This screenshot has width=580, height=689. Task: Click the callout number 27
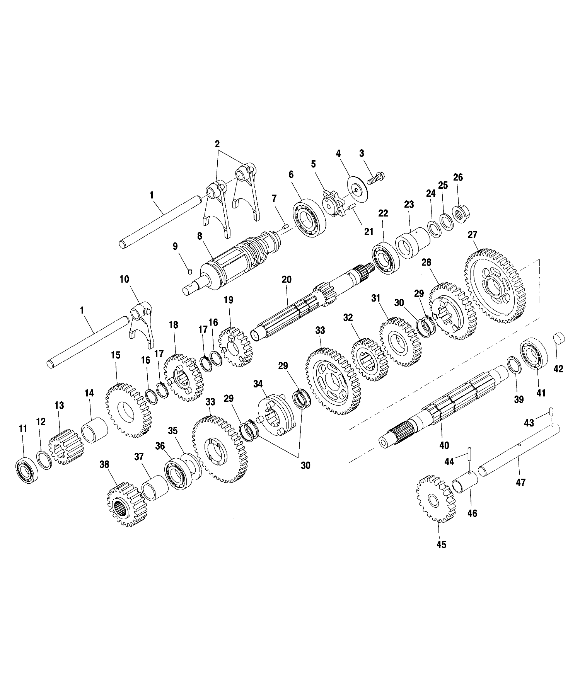pyautogui.click(x=473, y=235)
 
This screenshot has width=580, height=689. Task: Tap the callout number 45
pyautogui.click(x=441, y=544)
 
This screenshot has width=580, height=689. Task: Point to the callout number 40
pyautogui.click(x=444, y=445)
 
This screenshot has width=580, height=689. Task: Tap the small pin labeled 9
pyautogui.click(x=190, y=272)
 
